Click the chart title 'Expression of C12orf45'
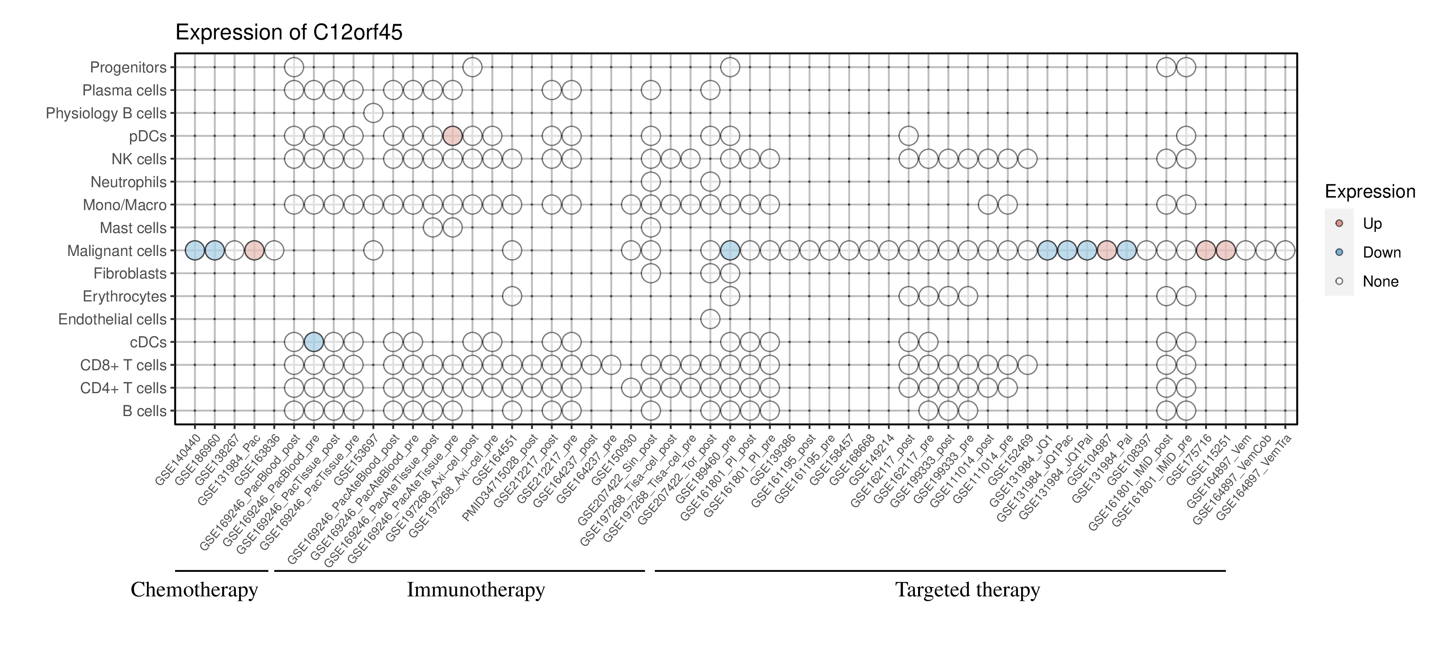[x=289, y=33]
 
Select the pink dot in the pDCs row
[x=452, y=136]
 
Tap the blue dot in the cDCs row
[x=314, y=342]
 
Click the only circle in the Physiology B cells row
[x=373, y=113]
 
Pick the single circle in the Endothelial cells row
[x=710, y=319]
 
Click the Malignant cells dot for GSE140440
[x=195, y=250]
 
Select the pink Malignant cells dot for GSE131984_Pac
[x=254, y=250]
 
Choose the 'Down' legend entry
[x=1381, y=252]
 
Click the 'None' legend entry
[x=1380, y=282]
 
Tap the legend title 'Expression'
[x=1370, y=192]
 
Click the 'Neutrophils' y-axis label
[x=129, y=182]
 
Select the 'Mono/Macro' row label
[x=125, y=205]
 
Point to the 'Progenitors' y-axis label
[x=128, y=68]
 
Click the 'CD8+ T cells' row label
[x=124, y=365]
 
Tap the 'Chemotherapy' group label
[x=194, y=590]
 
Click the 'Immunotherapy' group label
[x=475, y=590]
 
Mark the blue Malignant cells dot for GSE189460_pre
[x=730, y=250]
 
